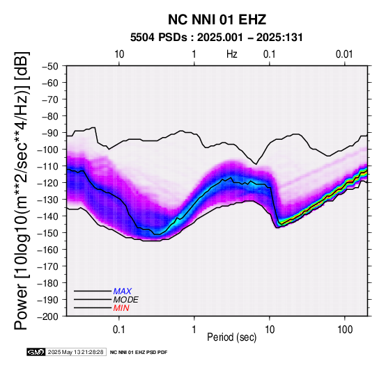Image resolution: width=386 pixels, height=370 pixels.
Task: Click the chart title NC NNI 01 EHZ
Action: point(217,19)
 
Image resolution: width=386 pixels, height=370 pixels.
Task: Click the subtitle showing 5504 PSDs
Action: point(217,38)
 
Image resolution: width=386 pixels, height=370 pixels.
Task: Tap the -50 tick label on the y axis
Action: point(50,66)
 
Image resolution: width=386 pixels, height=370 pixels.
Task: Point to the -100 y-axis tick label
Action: point(48,150)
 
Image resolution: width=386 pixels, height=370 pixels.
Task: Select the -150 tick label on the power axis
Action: point(48,233)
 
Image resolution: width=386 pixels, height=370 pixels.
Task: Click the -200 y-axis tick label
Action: point(48,316)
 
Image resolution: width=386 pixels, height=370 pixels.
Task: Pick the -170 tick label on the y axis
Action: point(48,266)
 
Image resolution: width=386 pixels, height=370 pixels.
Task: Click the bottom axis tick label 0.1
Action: point(119,330)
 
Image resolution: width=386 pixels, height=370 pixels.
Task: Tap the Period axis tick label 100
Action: point(345,330)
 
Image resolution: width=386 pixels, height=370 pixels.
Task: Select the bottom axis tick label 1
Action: point(194,330)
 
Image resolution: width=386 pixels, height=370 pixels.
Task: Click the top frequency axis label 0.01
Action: point(344,54)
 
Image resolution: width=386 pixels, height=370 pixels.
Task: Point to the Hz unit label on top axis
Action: point(232,54)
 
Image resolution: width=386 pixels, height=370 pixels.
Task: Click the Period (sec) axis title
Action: point(232,337)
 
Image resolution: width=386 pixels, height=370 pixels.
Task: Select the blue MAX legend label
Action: point(123,291)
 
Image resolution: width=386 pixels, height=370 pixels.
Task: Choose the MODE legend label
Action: point(126,300)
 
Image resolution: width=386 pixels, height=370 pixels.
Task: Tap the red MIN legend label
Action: point(121,308)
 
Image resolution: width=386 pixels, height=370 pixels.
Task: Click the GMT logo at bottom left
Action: point(36,352)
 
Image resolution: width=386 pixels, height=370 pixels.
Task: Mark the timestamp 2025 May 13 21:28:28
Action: point(75,352)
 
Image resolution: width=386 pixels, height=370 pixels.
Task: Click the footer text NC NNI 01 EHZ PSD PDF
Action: point(139,353)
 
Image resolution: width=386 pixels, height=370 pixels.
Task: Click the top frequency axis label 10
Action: point(119,54)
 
